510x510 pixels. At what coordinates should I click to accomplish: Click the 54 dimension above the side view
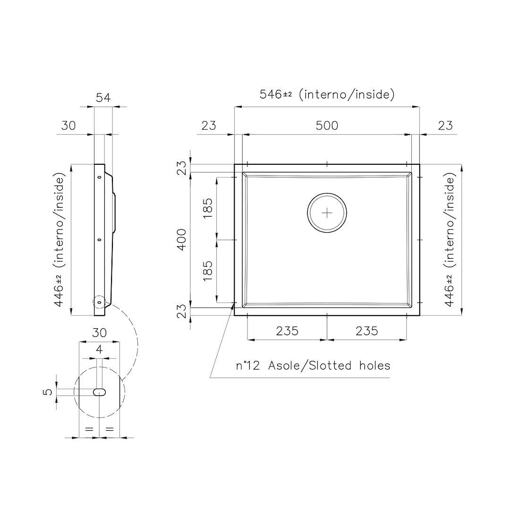pyautogui.click(x=103, y=98)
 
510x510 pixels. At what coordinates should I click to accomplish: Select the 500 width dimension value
pyautogui.click(x=327, y=126)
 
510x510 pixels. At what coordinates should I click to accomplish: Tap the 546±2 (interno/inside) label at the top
pyautogui.click(x=327, y=94)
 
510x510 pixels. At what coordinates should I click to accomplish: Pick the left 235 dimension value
pyautogui.click(x=287, y=331)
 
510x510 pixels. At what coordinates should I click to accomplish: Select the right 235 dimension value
pyautogui.click(x=366, y=331)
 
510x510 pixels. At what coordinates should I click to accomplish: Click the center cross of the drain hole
pyautogui.click(x=327, y=213)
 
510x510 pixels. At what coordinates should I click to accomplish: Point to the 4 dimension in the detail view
pyautogui.click(x=99, y=350)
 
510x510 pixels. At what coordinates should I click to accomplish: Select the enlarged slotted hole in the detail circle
pyautogui.click(x=99, y=392)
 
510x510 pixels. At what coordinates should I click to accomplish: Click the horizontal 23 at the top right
pyautogui.click(x=445, y=126)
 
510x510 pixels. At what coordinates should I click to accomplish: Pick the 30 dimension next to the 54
pyautogui.click(x=68, y=126)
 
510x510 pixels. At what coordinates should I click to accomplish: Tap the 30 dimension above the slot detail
pyautogui.click(x=99, y=332)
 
